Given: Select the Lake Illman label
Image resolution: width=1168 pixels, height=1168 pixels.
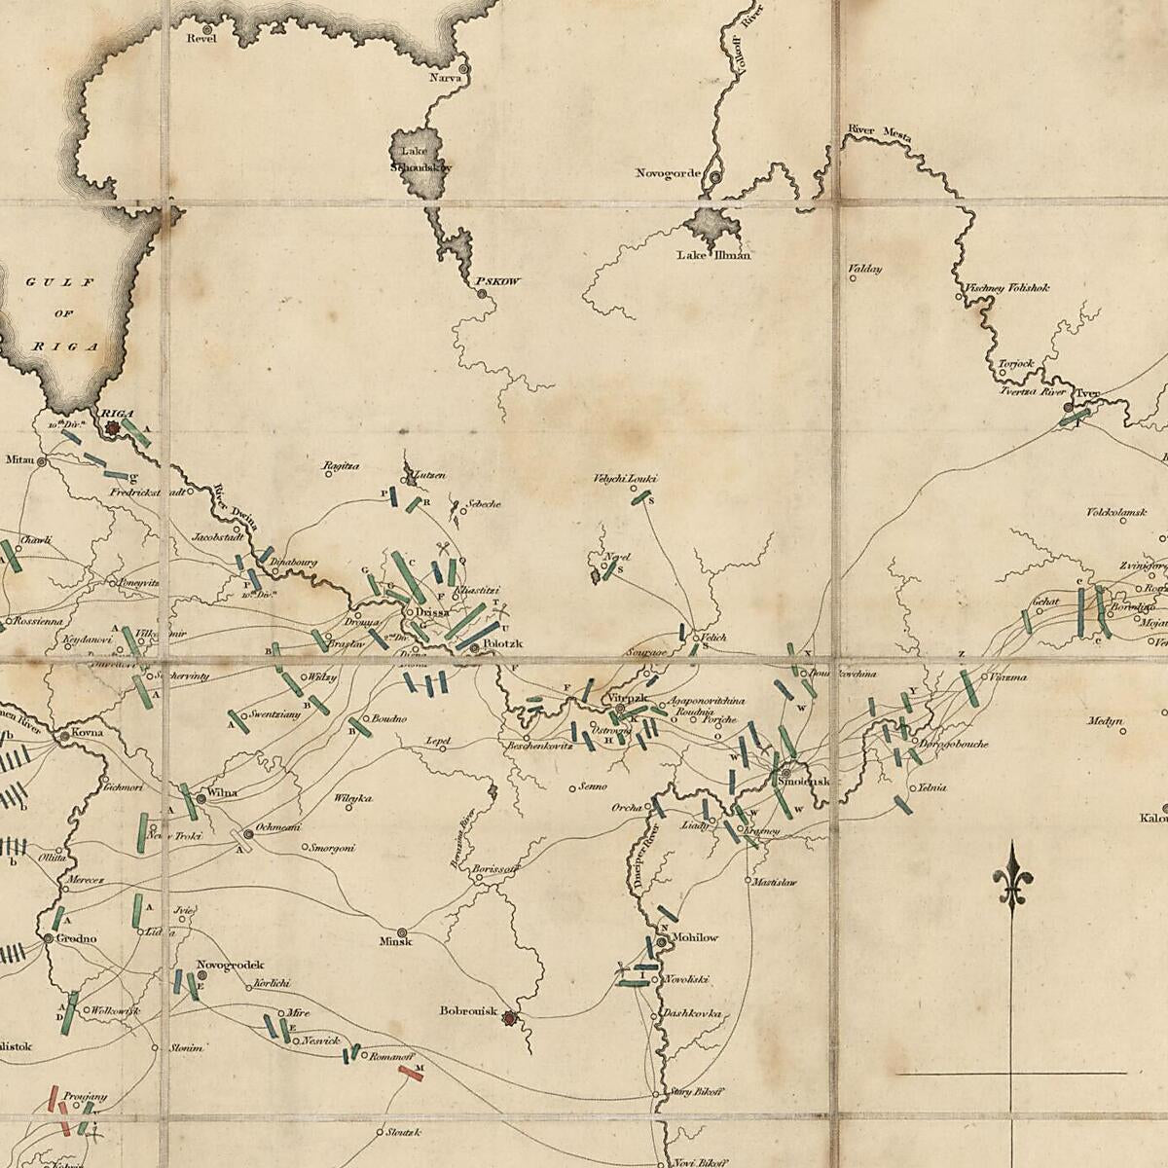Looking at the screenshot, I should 714,256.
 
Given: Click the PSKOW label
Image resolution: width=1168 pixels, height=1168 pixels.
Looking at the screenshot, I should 499,281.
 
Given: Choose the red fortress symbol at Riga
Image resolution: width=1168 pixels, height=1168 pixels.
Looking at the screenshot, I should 112,427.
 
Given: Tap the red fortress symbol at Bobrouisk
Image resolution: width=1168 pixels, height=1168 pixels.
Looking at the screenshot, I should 508,1018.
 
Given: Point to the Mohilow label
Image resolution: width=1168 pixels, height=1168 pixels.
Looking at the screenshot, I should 695,937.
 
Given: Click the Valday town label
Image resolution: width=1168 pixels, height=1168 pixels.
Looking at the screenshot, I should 865,269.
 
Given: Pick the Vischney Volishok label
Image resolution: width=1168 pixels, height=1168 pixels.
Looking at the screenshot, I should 1006,288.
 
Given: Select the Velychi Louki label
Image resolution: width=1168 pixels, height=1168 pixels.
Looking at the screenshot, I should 626,479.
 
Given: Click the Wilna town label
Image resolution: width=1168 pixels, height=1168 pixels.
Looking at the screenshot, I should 221,792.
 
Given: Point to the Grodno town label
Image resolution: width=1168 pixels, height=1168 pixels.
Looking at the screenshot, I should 77,938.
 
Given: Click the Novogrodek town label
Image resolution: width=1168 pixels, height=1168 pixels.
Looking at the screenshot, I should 230,965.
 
